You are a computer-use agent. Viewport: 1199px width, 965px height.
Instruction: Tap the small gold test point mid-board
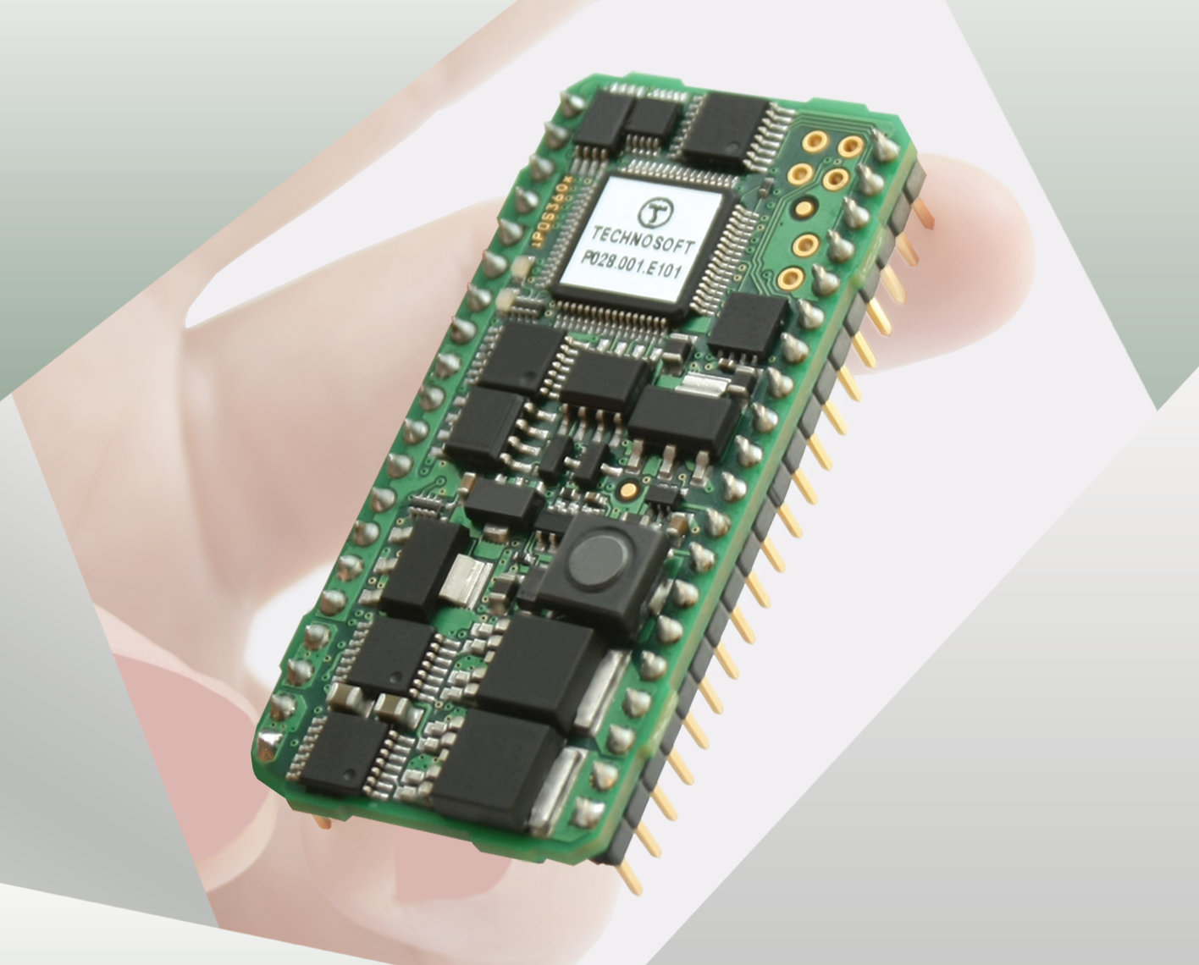click(627, 488)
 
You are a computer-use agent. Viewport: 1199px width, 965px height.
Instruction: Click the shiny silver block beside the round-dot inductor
click(462, 577)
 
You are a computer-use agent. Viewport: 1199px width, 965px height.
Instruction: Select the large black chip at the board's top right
click(724, 128)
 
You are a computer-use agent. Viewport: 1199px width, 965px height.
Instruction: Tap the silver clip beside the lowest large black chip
click(554, 787)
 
